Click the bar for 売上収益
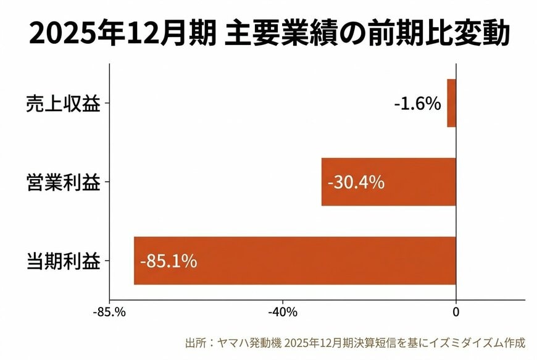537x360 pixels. click(x=451, y=103)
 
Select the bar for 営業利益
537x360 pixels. click(x=388, y=182)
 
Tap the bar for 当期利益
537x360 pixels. click(x=294, y=261)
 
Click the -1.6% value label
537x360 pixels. click(x=418, y=103)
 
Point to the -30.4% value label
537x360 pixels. click(x=356, y=183)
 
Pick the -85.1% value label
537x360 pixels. click(x=169, y=261)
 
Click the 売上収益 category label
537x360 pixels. click(x=63, y=104)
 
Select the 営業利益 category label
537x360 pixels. click(x=63, y=183)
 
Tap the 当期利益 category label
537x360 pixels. click(x=63, y=261)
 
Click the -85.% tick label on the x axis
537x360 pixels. click(x=110, y=312)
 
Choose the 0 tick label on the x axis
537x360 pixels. click(x=456, y=312)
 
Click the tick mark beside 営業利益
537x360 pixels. click(x=107, y=183)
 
